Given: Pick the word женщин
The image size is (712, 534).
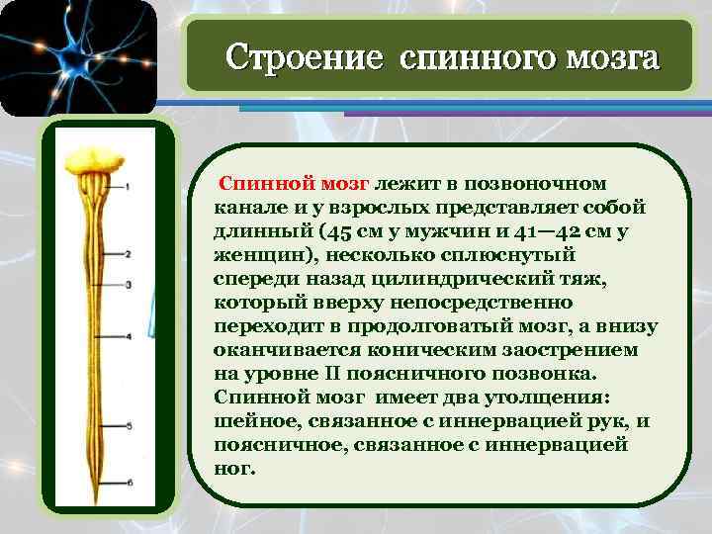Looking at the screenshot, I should pyautogui.click(x=257, y=255).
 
